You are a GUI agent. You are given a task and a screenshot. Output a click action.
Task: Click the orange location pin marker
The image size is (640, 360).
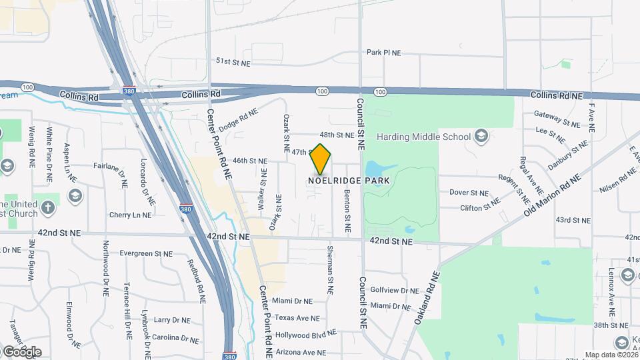pos(321,158)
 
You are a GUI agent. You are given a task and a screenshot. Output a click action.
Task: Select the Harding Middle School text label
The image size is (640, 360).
pos(423,137)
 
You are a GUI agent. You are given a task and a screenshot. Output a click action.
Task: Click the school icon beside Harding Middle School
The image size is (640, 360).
pos(481,137)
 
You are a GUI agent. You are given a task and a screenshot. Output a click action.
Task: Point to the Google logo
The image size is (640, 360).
pos(21,351)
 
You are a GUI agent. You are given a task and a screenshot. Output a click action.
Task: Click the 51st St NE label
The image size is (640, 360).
pos(232,61)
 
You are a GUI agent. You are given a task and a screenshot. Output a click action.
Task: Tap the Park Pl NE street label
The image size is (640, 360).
pos(383,52)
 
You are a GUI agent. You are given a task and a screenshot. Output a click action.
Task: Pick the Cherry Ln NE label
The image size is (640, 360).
pos(130,215)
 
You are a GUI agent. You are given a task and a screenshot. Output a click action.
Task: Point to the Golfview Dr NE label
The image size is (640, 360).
pos(395,291)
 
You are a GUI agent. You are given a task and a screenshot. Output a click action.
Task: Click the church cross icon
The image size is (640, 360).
pos(47,207)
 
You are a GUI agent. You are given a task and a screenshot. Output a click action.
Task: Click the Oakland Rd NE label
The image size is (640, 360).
pos(427,298)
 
